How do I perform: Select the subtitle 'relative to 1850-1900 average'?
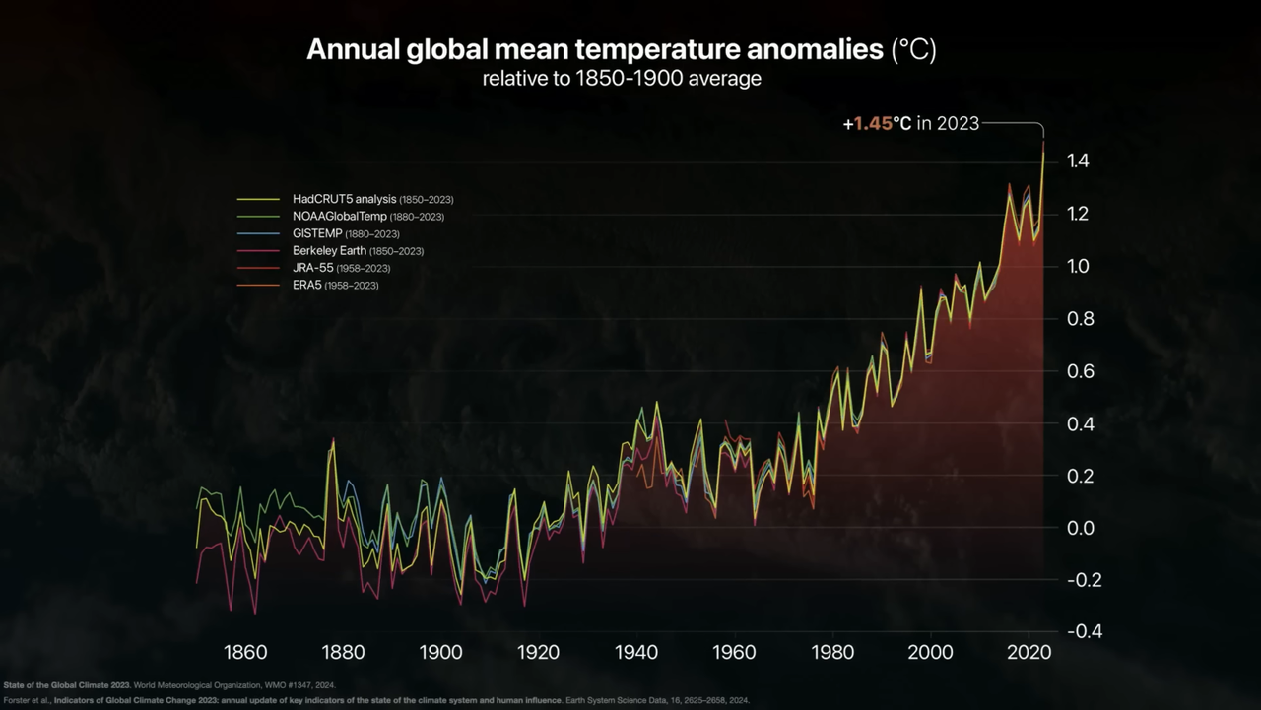tap(621, 79)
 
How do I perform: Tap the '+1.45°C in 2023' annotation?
tap(910, 123)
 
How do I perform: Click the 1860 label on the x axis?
tap(245, 652)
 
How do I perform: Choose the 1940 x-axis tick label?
tap(636, 652)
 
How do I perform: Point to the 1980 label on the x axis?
tap(832, 652)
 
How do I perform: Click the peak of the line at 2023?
tap(1043, 144)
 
